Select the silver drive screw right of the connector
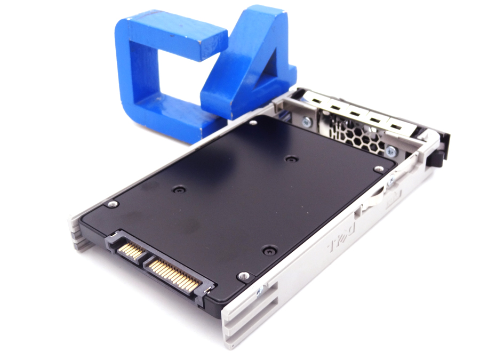pyautogui.click(x=244, y=276)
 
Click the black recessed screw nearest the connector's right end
pyautogui.click(x=270, y=249)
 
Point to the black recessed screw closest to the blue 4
pyautogui.click(x=290, y=158)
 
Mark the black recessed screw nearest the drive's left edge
pyautogui.click(x=179, y=188)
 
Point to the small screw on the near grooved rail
pyautogui.click(x=260, y=291)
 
